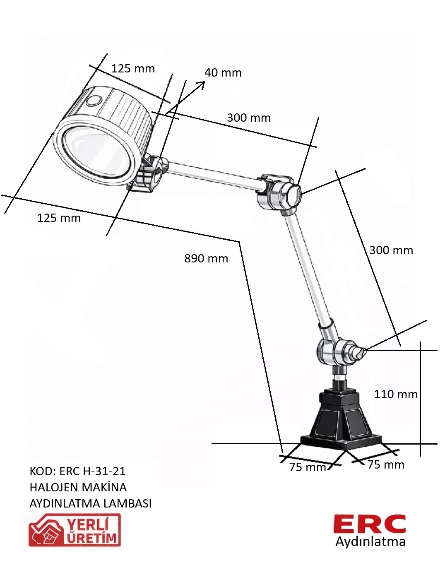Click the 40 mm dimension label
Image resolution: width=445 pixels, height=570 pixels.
(223, 73)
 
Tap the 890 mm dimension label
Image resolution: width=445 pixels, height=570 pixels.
(206, 259)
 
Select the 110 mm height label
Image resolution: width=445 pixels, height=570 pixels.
(396, 394)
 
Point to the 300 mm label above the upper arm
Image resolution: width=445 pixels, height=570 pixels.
(249, 118)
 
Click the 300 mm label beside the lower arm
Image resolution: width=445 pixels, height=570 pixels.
(391, 250)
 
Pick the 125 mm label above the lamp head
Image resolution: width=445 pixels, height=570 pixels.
(133, 69)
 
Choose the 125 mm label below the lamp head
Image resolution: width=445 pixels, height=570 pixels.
(59, 218)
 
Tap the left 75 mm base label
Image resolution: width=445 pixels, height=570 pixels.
(308, 467)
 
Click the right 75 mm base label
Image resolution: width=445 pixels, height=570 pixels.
(386, 465)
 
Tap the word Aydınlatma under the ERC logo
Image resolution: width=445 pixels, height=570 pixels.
(370, 542)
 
